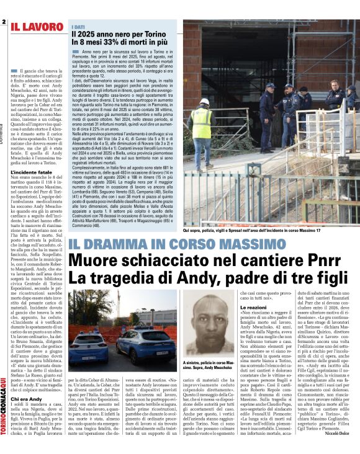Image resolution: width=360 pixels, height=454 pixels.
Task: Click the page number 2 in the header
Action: tap(4, 22)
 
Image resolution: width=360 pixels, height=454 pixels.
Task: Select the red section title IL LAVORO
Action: tap(36, 26)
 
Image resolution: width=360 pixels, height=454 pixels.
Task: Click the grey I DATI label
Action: tap(78, 27)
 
